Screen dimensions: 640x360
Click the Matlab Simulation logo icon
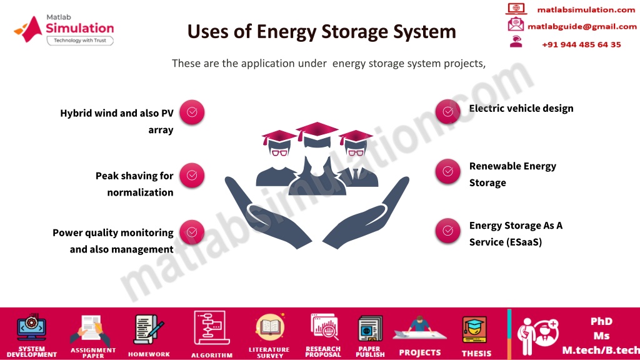click(x=28, y=29)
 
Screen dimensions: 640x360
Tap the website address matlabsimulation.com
click(x=586, y=10)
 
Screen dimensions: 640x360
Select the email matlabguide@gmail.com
click(x=582, y=26)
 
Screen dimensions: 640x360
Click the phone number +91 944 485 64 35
click(x=581, y=44)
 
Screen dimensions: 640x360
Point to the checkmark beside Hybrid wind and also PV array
click(x=192, y=112)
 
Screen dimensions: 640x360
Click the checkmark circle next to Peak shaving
click(x=192, y=176)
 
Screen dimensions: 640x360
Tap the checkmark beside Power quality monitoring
click(x=192, y=232)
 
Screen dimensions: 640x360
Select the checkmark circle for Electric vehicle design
click(x=447, y=111)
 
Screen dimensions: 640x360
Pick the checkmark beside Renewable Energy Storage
click(x=447, y=171)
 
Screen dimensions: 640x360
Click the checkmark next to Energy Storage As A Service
click(x=447, y=231)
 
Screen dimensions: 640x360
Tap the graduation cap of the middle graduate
click(x=317, y=130)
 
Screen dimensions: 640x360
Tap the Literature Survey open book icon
click(x=270, y=327)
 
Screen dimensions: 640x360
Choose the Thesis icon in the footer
click(x=474, y=330)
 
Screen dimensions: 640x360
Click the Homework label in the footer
click(x=149, y=354)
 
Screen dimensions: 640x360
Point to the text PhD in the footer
click(x=602, y=321)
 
